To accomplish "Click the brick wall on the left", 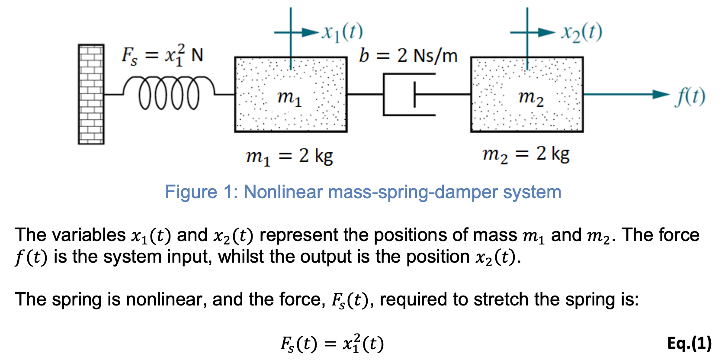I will (x=91, y=94).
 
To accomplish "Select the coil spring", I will (x=169, y=92).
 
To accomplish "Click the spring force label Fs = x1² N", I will (x=162, y=55).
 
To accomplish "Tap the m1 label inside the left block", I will (x=289, y=97).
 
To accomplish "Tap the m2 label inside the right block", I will (x=531, y=97).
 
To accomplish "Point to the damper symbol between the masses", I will (x=409, y=94).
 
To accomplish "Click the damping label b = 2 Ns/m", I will (x=408, y=55).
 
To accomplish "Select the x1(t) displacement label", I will (x=342, y=32).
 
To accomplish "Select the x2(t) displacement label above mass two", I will (x=581, y=32).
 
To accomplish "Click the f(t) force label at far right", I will (x=690, y=96).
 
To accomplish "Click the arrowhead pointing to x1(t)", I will (x=311, y=32).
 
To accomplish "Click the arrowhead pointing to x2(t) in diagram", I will (x=547, y=32).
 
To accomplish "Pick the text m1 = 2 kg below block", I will (x=289, y=156).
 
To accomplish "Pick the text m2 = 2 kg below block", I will (x=526, y=154).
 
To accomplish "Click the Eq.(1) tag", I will (x=689, y=343).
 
